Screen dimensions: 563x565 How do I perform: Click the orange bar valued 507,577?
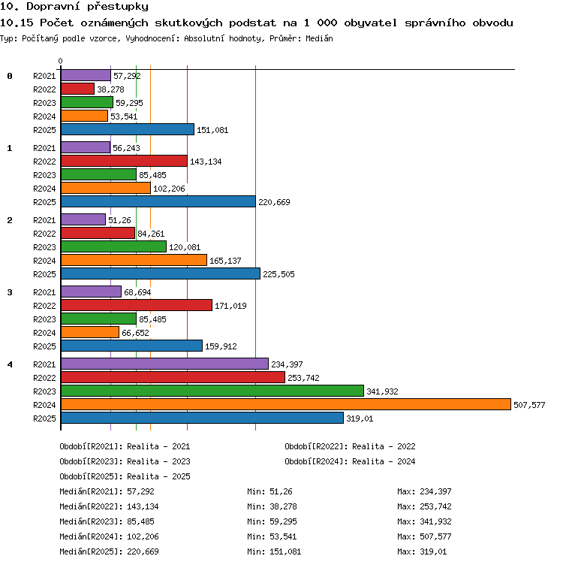pyautogui.click(x=286, y=404)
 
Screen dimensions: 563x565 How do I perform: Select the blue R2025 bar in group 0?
pyautogui.click(x=128, y=129)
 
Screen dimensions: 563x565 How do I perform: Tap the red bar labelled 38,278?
pyautogui.click(x=78, y=89)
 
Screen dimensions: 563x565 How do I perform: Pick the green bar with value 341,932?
pyautogui.click(x=212, y=391)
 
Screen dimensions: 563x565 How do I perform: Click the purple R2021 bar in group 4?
pyautogui.click(x=165, y=364)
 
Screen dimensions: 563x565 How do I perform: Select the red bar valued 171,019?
pyautogui.click(x=137, y=305)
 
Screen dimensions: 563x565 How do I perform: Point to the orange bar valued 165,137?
pyautogui.click(x=134, y=260)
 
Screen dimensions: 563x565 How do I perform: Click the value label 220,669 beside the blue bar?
pyautogui.click(x=274, y=202)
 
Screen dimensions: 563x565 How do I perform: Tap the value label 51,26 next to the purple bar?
pyautogui.click(x=119, y=220)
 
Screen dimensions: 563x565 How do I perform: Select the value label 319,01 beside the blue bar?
pyautogui.click(x=360, y=418)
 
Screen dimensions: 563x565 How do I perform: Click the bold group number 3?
pyautogui.click(x=10, y=292)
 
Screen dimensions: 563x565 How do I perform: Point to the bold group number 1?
pyautogui.click(x=10, y=148)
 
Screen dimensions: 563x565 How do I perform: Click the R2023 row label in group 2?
pyautogui.click(x=44, y=247)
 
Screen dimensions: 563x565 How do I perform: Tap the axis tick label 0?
pyautogui.click(x=61, y=61)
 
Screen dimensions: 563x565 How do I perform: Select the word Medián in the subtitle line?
pyautogui.click(x=319, y=38)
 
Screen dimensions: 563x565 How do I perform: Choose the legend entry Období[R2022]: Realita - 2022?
pyautogui.click(x=350, y=446)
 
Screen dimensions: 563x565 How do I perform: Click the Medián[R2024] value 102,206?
pyautogui.click(x=143, y=536)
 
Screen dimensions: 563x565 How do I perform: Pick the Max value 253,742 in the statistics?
pyautogui.click(x=435, y=506)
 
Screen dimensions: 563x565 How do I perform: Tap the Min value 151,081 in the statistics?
pyautogui.click(x=285, y=551)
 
